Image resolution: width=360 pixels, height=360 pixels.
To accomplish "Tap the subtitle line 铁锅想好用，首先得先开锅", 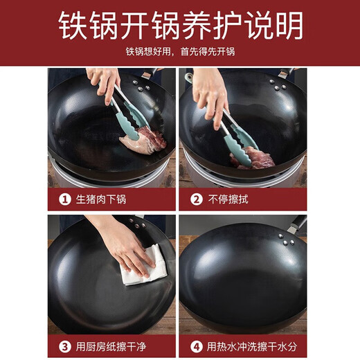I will pos(180,52).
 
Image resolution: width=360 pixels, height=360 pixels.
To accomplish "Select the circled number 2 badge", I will pos(196,199).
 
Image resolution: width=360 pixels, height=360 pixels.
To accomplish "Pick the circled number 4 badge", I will pos(196,345).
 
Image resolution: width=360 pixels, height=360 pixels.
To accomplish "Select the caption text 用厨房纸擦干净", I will pos(112,345).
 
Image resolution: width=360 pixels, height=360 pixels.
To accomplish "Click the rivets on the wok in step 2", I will pos(277,84).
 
